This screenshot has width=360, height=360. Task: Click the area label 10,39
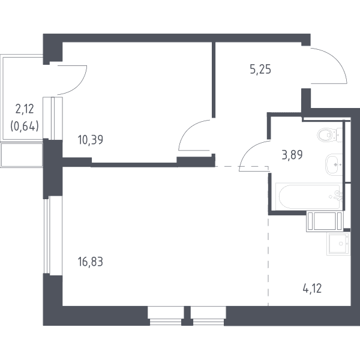point(91,140)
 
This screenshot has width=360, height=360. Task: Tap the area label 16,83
point(91,262)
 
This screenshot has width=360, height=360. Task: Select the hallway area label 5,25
point(260,69)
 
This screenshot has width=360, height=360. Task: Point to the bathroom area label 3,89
point(292,155)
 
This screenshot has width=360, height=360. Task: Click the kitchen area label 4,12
point(312,289)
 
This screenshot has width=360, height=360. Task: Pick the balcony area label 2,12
point(25,109)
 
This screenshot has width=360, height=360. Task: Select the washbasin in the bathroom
point(334,164)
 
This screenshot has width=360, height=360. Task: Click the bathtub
point(309,196)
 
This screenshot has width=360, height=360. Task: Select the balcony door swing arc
point(80,86)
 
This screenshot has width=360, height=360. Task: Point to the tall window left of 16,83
point(47,236)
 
